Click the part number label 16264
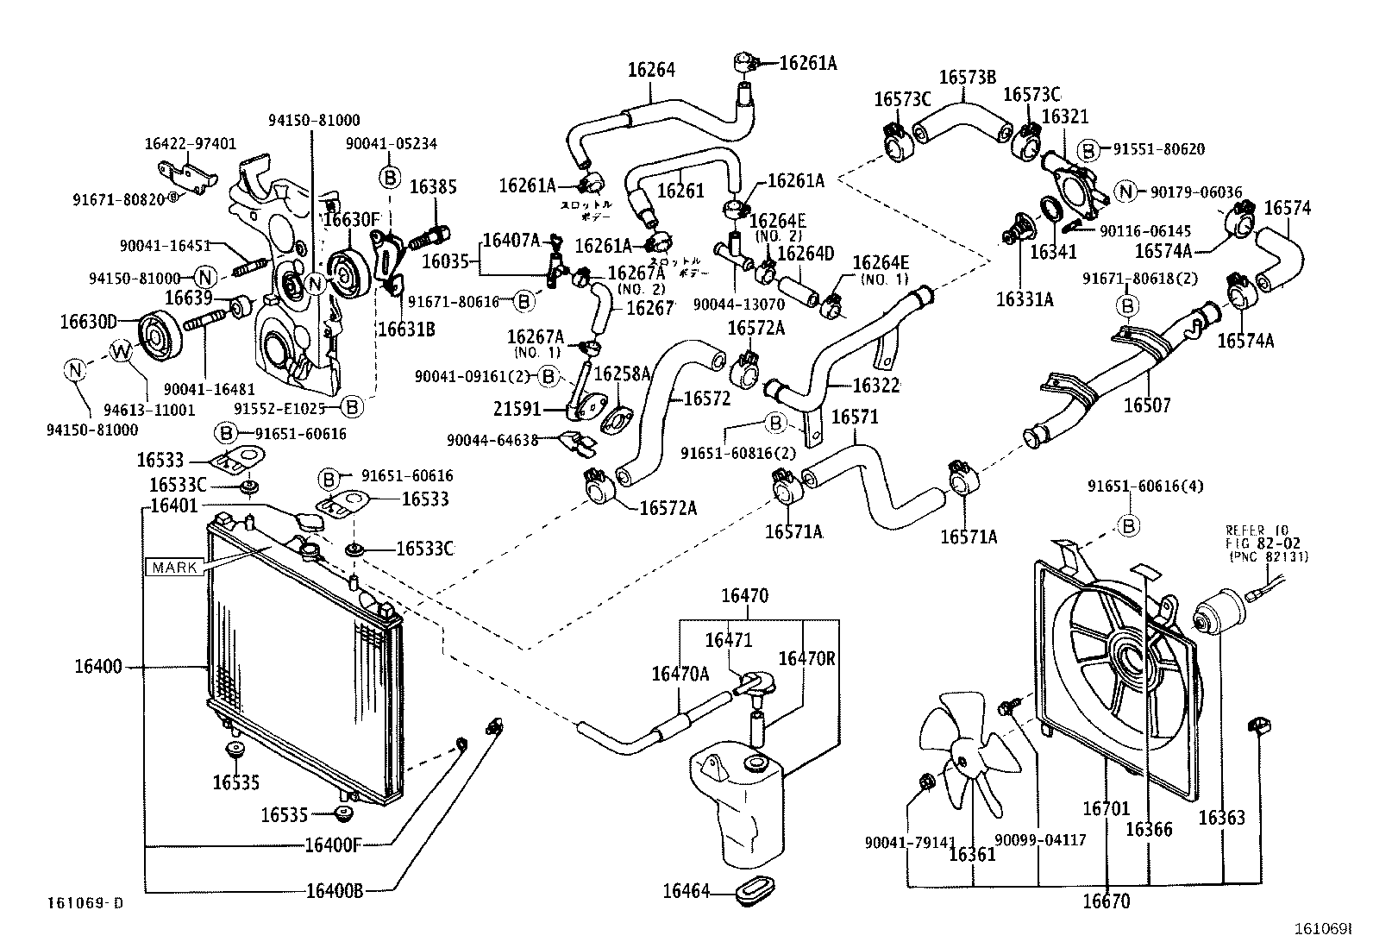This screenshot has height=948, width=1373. (650, 70)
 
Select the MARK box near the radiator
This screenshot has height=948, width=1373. (175, 568)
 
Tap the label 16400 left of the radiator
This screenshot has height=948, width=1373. (97, 667)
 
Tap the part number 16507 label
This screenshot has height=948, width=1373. (1146, 405)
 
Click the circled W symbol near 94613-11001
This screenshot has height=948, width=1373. (122, 350)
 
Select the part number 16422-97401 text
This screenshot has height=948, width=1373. (190, 144)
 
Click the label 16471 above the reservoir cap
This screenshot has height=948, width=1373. (728, 640)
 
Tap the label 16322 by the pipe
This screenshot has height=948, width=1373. (875, 386)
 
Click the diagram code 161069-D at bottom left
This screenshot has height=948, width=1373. (85, 903)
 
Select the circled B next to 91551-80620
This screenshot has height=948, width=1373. (1089, 149)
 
